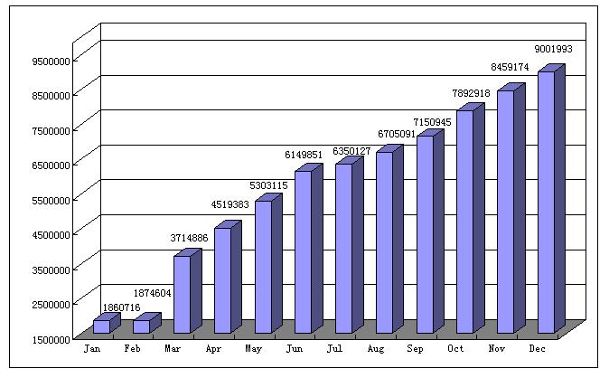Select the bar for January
(x=101, y=326)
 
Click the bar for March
(x=182, y=294)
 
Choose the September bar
(x=425, y=233)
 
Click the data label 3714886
(x=187, y=238)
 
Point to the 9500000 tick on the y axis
(x=50, y=61)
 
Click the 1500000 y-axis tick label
(x=50, y=339)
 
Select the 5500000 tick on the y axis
(x=50, y=200)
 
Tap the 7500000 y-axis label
(x=50, y=130)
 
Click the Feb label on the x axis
(x=133, y=347)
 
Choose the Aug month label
(x=376, y=347)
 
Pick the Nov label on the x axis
(x=498, y=347)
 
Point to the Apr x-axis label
(x=214, y=347)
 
